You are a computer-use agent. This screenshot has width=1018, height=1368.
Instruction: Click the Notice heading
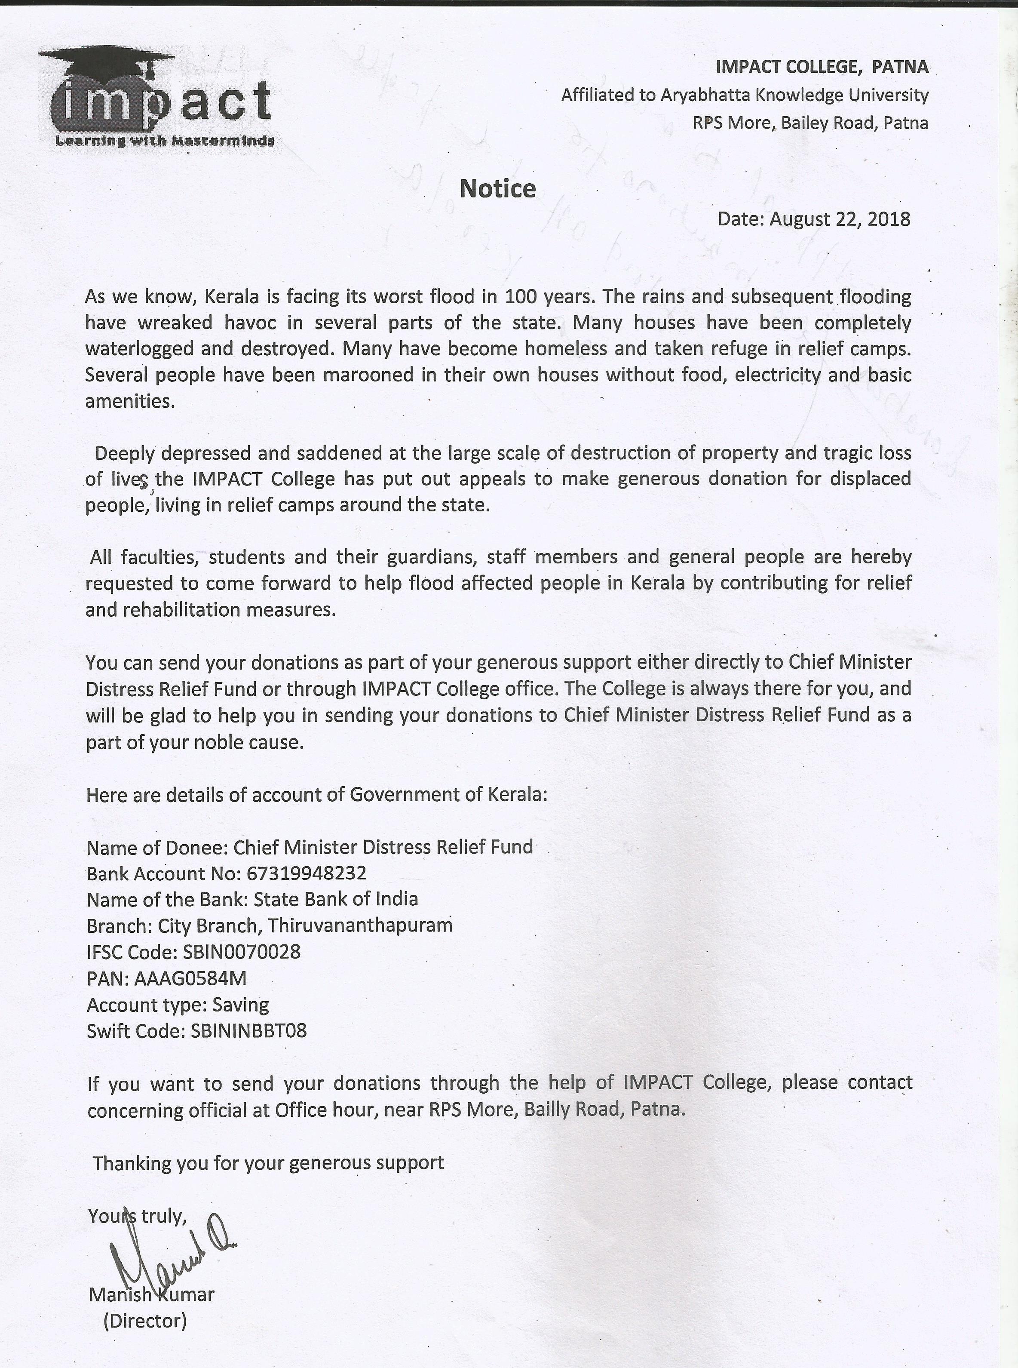[497, 189]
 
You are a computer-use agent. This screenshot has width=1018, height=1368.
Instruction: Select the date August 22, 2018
[839, 219]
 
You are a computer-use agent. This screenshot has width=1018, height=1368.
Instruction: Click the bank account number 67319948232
[306, 873]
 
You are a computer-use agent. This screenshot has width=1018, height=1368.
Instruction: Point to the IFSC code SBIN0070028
[242, 952]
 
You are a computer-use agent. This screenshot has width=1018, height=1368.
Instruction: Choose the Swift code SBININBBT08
[248, 1031]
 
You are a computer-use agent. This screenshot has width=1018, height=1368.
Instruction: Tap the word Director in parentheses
[145, 1321]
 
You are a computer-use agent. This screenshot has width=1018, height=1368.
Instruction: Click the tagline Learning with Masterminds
[165, 141]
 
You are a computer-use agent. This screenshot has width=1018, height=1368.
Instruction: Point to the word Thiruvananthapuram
[360, 926]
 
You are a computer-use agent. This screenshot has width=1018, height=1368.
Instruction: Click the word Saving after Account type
[240, 1005]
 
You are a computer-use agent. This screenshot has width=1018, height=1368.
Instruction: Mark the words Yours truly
[137, 1216]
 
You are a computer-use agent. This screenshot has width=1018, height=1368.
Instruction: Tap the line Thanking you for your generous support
[268, 1163]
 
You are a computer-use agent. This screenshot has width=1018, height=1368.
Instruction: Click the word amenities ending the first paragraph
[129, 401]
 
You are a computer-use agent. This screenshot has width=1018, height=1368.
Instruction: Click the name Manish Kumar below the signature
[151, 1294]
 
